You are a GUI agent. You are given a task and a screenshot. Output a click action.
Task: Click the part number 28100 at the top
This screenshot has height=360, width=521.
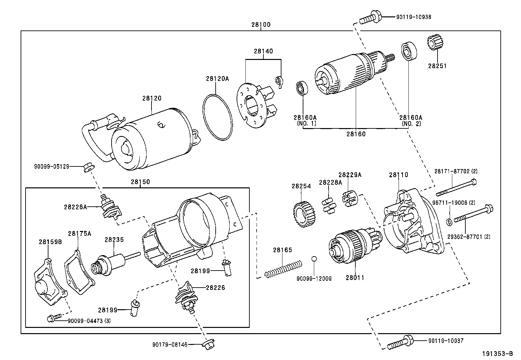point(261,25)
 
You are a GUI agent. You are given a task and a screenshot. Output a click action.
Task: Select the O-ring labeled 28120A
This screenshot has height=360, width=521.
point(217,117)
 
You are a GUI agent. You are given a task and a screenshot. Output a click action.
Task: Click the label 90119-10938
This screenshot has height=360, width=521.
point(413,17)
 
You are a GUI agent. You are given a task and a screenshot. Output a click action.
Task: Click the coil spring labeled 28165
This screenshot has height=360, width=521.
point(283,268)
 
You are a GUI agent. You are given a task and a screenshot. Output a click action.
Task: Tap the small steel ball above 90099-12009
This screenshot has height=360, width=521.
point(314,259)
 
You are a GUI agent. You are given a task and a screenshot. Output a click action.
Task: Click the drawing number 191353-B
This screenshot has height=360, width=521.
point(497,354)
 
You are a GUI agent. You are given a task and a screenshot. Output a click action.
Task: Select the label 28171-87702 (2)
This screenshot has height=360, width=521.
point(456,171)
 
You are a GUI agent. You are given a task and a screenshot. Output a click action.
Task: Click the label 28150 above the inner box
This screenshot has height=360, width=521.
point(140,182)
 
